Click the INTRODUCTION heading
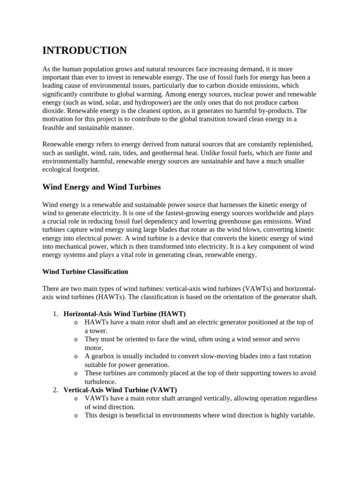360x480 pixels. [x=84, y=51]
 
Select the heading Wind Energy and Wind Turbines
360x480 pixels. [x=101, y=187]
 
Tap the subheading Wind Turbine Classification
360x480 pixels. [x=85, y=272]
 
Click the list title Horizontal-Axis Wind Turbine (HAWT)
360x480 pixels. [x=125, y=314]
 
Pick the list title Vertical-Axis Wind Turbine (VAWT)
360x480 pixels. [x=120, y=390]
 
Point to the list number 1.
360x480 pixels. [x=55, y=314]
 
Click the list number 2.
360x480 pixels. [x=55, y=390]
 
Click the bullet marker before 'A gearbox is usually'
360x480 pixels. [x=76, y=357]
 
